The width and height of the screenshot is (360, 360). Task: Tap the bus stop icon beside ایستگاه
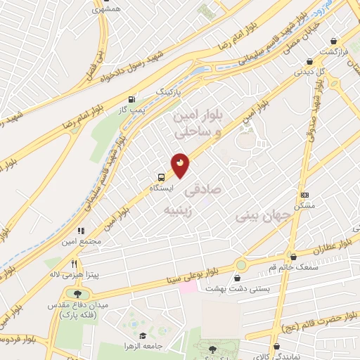[x=162, y=177]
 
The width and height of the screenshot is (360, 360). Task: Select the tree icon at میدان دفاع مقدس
[x=77, y=295]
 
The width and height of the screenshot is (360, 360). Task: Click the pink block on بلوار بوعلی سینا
[x=188, y=288]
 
